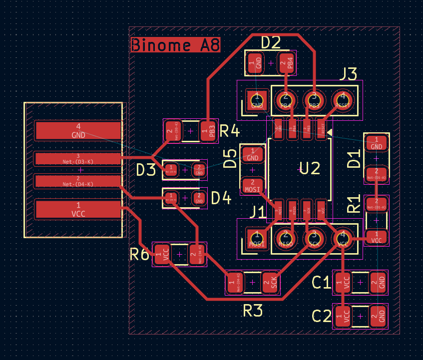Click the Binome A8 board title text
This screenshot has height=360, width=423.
[175, 45]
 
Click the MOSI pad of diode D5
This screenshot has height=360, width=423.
[253, 185]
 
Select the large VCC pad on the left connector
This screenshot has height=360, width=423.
[78, 209]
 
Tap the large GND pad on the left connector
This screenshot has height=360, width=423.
[78, 130]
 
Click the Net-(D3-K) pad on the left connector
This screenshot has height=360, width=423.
[78, 159]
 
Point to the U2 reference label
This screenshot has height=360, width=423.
[309, 168]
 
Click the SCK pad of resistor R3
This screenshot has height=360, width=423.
[273, 283]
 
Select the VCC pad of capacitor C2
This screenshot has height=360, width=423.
[343, 316]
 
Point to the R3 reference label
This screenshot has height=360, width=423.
[253, 311]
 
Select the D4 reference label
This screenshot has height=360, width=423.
[221, 199]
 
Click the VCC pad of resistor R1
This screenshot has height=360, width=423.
[377, 236]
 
